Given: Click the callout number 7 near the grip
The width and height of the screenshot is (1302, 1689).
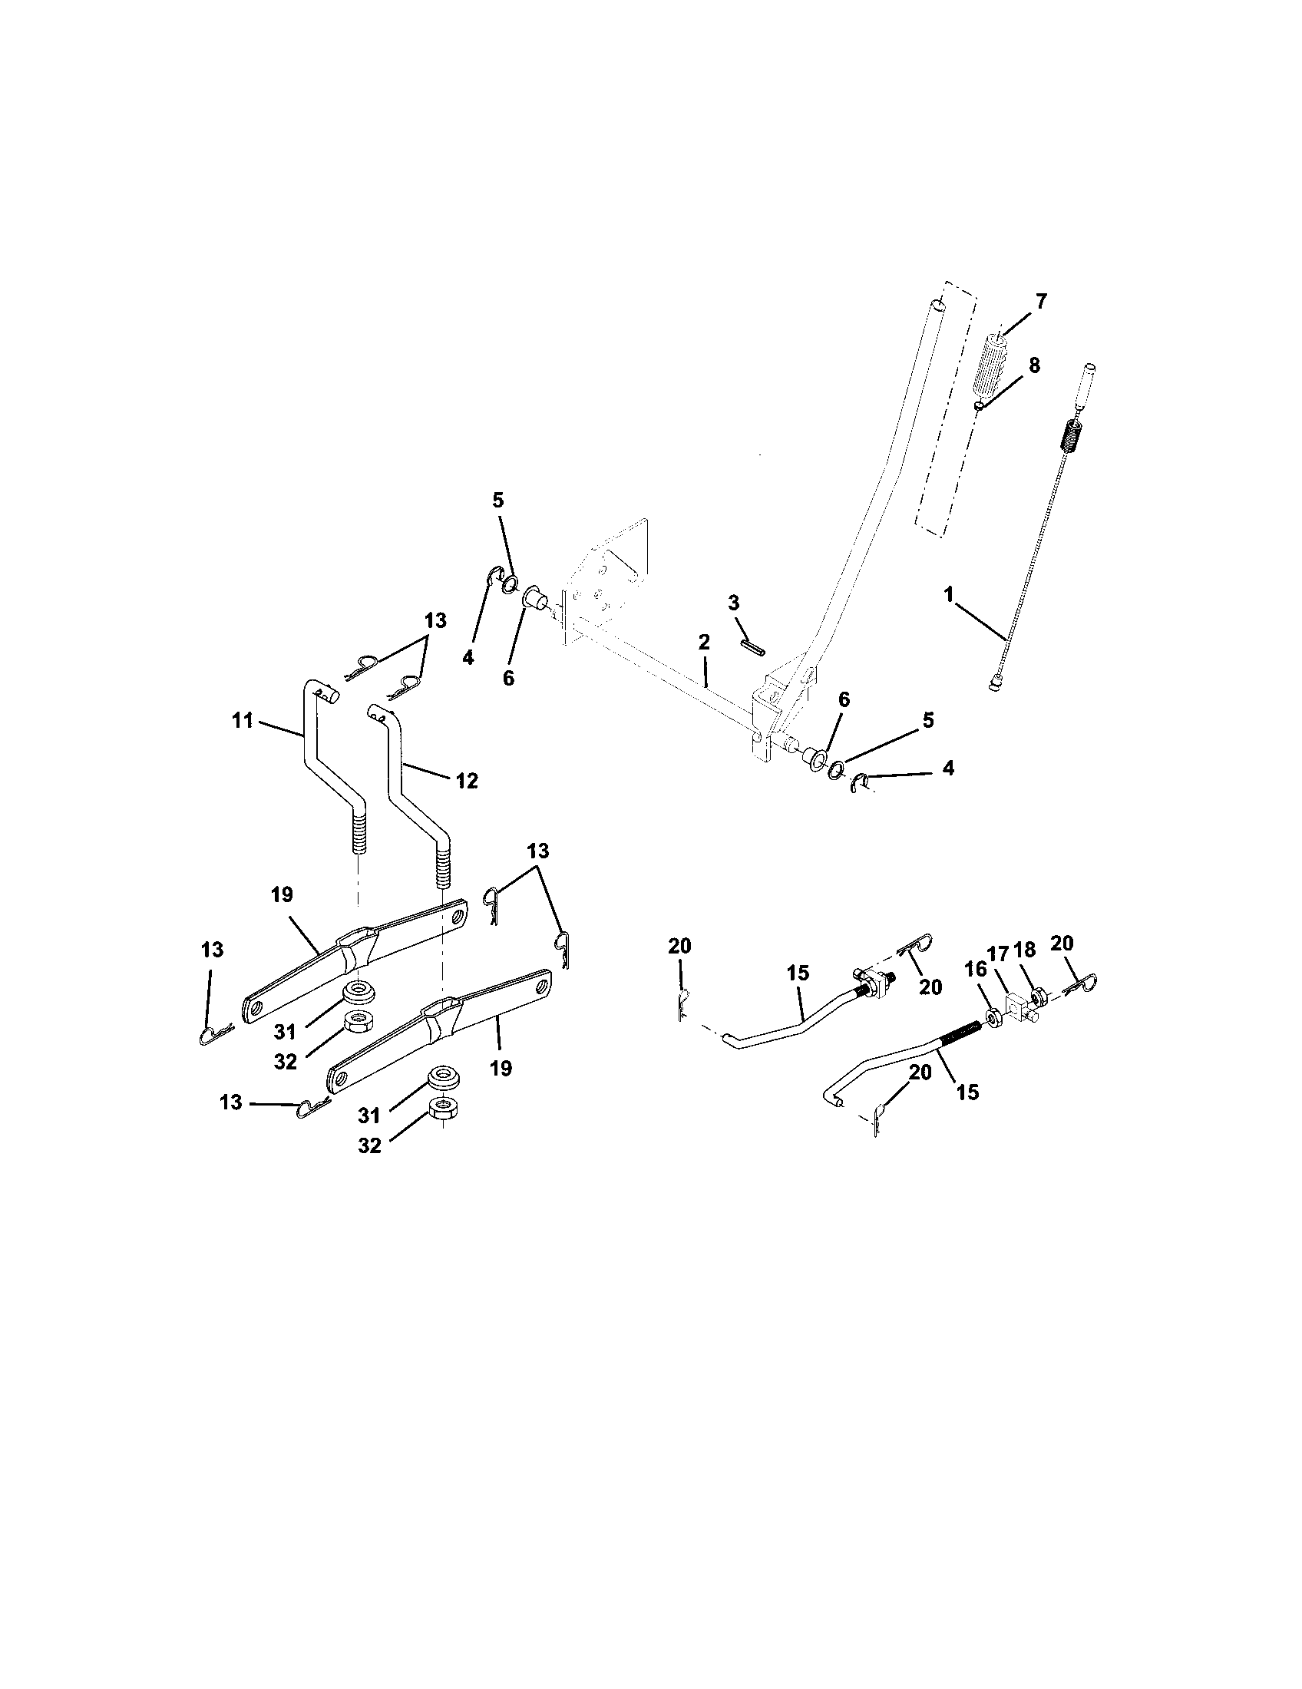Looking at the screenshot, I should pyautogui.click(x=1041, y=302).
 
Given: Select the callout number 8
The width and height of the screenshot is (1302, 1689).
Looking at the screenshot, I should pyautogui.click(x=1034, y=365).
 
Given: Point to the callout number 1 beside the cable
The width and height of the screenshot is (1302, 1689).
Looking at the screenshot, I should pyautogui.click(x=948, y=595).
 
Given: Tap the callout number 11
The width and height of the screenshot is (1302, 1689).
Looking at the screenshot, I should pyautogui.click(x=243, y=721).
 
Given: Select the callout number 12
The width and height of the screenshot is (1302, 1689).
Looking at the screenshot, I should pyautogui.click(x=466, y=780).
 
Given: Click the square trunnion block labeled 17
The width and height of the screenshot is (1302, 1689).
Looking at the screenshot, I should pyautogui.click(x=1019, y=1007).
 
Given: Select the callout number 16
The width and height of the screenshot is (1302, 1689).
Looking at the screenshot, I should pyautogui.click(x=975, y=970).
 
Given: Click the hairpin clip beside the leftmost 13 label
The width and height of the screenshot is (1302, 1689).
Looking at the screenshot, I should pyautogui.click(x=215, y=1033).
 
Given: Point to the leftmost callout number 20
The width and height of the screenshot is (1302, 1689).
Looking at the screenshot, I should pyautogui.click(x=680, y=946).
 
